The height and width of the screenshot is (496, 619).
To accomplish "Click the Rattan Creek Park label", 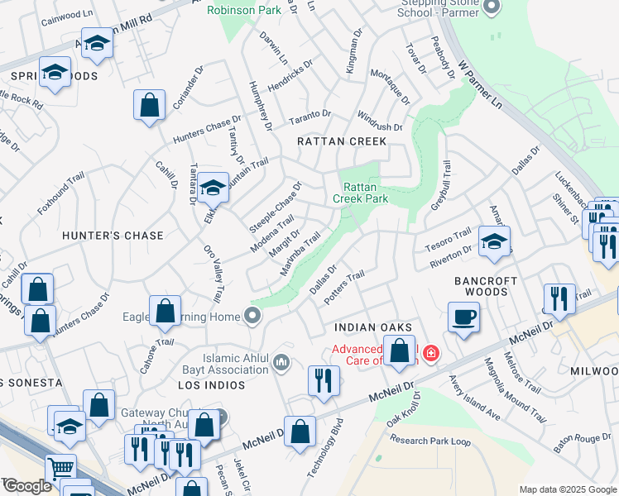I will tap(360, 193).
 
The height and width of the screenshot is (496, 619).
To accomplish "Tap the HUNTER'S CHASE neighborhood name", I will tap(113, 236).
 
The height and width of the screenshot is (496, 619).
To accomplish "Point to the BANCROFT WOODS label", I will tap(486, 286).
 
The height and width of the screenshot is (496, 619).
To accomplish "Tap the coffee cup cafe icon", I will tap(463, 316).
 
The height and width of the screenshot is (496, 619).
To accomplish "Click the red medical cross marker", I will tap(431, 354).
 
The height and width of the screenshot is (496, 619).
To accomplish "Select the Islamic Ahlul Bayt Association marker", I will tap(281, 361).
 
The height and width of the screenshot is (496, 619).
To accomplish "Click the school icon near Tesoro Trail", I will tap(494, 241).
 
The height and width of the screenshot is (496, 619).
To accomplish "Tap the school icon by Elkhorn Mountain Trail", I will tap(213, 187).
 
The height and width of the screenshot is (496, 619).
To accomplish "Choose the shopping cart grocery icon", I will tap(60, 469).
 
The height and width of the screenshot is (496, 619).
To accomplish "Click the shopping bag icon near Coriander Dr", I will tap(149, 105).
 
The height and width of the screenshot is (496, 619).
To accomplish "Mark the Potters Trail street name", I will tap(345, 286).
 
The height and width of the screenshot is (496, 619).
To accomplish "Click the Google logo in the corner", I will tap(26, 486).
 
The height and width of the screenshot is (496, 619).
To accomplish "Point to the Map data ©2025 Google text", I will tap(567, 489).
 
